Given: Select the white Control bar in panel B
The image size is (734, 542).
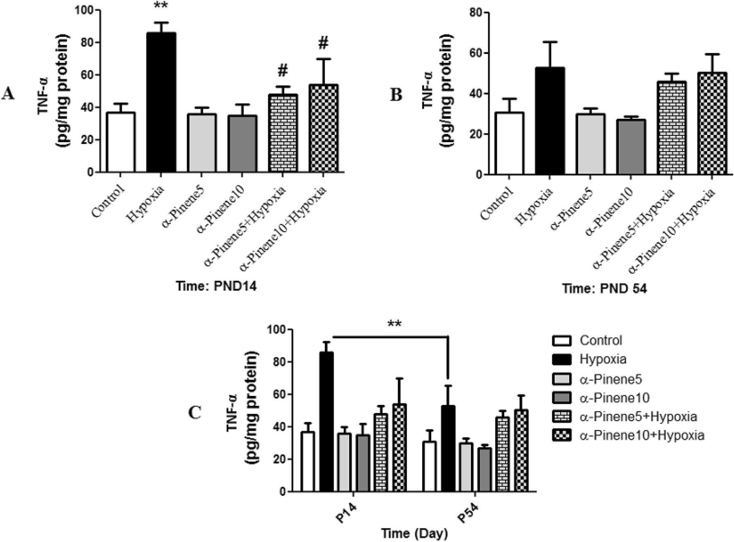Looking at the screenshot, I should (x=509, y=143).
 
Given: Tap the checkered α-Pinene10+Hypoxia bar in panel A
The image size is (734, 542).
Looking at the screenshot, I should (x=323, y=128).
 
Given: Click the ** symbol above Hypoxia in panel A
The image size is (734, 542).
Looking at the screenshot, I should (x=160, y=7).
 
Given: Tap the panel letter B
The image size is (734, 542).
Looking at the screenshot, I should (x=396, y=95).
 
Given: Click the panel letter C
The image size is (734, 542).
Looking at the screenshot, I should (x=194, y=413).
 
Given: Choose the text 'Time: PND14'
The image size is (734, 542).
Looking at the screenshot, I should (x=216, y=286).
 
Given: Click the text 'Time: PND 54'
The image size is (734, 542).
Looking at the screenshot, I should (x=604, y=288).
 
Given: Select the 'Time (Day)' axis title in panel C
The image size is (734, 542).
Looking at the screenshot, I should (x=415, y=533).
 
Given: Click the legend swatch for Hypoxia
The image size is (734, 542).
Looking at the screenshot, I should (x=562, y=359).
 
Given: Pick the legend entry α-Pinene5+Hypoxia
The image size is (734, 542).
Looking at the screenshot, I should (x=638, y=416).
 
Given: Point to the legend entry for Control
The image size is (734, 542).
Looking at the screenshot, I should (x=600, y=340).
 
